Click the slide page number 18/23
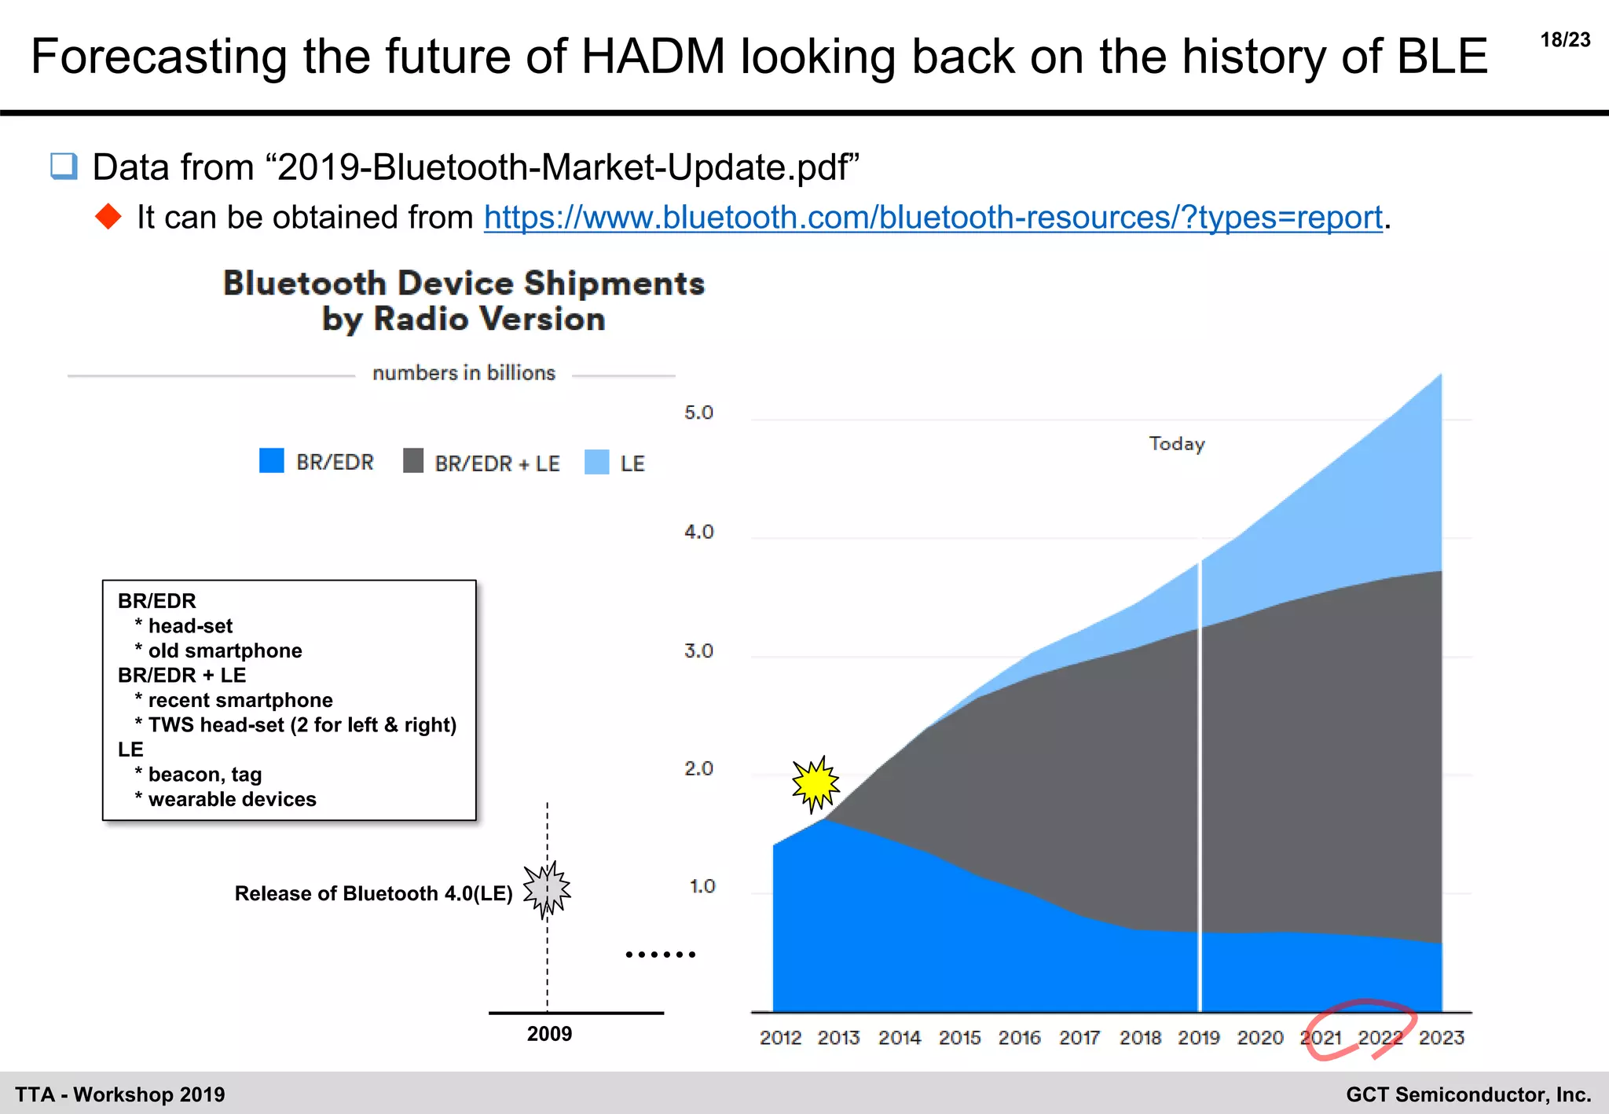click(x=1565, y=40)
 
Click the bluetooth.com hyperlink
click(x=933, y=218)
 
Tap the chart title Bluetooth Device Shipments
click(x=464, y=284)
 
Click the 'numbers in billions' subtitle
click(x=464, y=373)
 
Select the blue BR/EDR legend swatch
click(x=272, y=461)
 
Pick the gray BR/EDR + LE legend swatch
click(x=413, y=461)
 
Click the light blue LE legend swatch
click(x=597, y=462)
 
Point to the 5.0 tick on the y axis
click(x=698, y=413)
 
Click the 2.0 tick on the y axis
click(x=698, y=769)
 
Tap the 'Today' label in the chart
click(x=1176, y=444)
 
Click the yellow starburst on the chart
click(x=815, y=783)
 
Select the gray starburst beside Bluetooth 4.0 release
click(x=547, y=889)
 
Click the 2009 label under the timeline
click(x=549, y=1034)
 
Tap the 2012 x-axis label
click(x=780, y=1039)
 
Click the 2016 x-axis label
click(x=1019, y=1039)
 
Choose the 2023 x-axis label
click(x=1441, y=1039)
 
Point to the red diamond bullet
click(x=108, y=217)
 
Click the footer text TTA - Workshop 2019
click(x=120, y=1094)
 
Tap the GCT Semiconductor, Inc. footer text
click(x=1468, y=1094)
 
